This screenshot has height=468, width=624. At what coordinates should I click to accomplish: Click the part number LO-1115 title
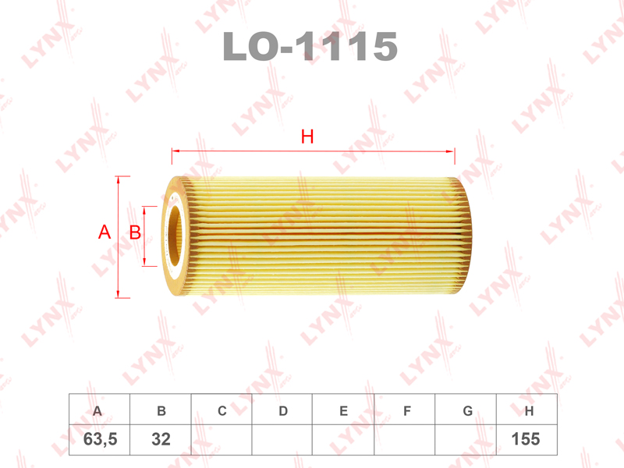[x=310, y=47]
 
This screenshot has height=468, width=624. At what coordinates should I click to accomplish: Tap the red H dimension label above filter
[x=307, y=136]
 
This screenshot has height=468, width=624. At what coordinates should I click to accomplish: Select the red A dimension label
[x=105, y=232]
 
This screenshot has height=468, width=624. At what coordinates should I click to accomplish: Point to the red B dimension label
[x=135, y=232]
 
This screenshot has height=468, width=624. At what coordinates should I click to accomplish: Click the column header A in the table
[x=97, y=411]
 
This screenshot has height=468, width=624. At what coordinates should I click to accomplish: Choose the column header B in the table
[x=161, y=411]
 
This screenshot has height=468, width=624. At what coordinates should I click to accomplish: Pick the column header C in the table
[x=222, y=411]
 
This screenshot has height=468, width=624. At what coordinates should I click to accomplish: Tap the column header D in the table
[x=283, y=411]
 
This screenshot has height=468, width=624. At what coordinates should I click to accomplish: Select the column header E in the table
[x=344, y=411]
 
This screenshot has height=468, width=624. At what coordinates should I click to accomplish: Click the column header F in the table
[x=406, y=411]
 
